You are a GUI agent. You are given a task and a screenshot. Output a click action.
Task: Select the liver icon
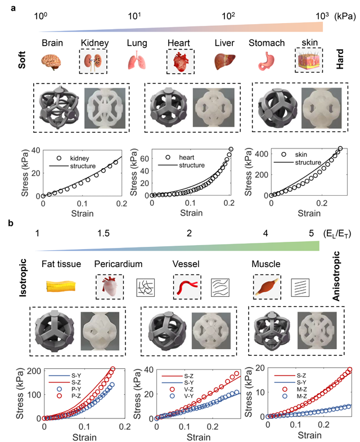pos(224,60)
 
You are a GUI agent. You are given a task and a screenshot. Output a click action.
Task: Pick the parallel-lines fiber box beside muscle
pos(299,288)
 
